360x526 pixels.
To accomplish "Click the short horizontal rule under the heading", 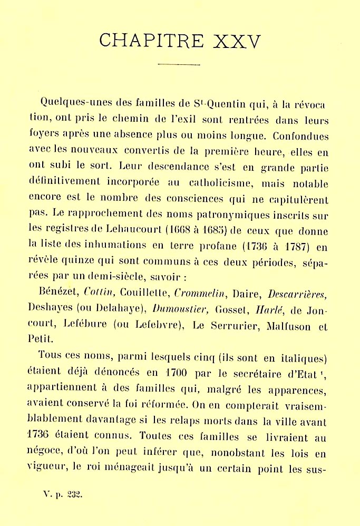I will point(179,65).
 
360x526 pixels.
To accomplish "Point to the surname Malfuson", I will point(285,327).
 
